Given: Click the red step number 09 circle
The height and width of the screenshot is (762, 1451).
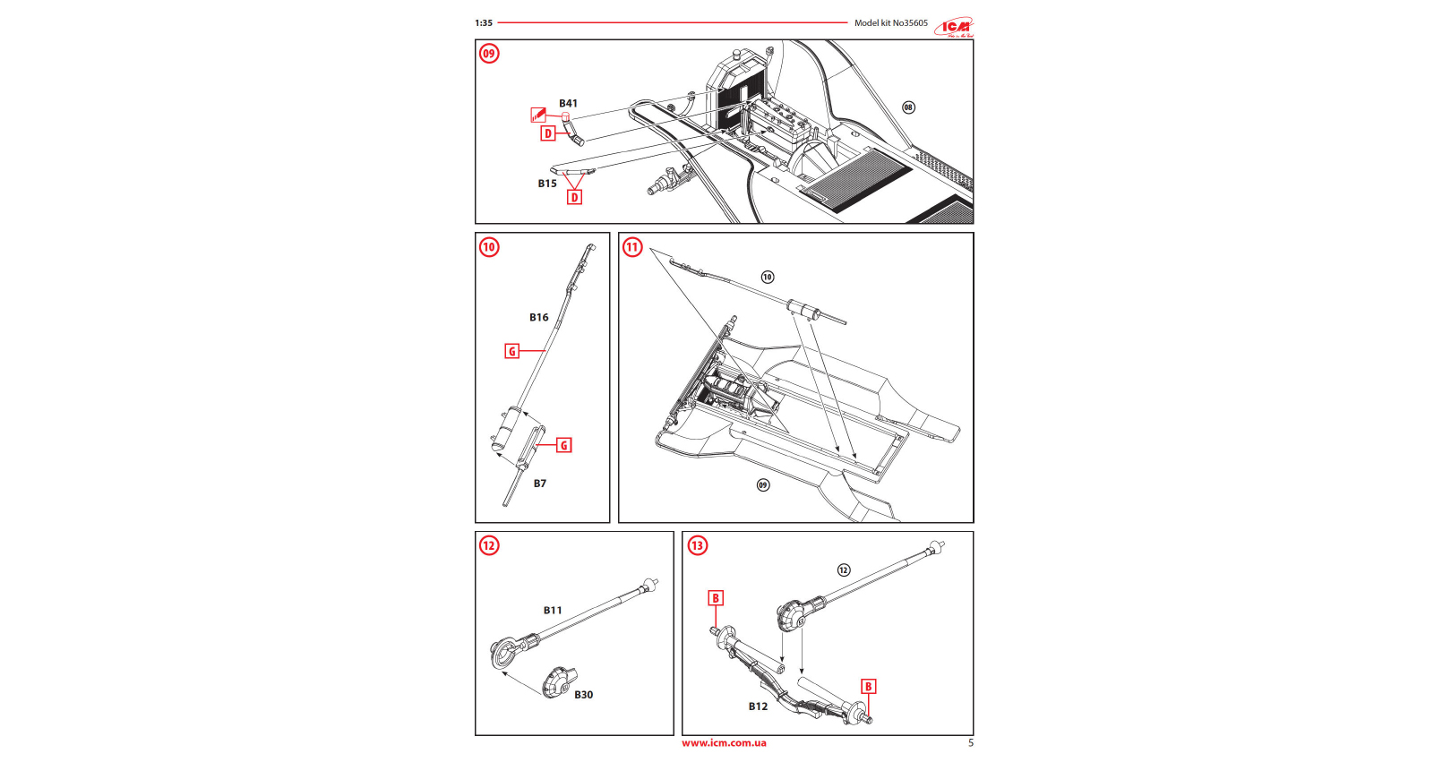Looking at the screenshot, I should pos(489,54).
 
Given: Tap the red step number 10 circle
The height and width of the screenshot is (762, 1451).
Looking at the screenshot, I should pos(489,247).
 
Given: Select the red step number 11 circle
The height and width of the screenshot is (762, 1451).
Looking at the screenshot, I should pos(632,247).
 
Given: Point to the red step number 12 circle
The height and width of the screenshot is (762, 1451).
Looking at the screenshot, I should pos(489,545).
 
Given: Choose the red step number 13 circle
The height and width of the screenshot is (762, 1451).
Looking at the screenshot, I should pos(697,545).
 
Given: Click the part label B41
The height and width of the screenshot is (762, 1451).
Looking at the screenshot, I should pos(568,104).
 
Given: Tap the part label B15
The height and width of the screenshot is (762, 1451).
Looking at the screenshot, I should pos(547,184).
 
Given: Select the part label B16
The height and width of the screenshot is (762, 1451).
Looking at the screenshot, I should pos(538,317).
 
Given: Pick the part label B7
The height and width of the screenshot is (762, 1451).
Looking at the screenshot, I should pos(540,484).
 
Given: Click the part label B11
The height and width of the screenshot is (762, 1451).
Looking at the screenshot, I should pos(553,611).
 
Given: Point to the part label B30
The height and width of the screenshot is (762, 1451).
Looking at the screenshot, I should pos(583,695).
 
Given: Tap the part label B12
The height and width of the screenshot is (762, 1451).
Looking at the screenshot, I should pos(758,706).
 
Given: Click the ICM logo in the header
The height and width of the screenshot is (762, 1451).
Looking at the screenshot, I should pos(955,27).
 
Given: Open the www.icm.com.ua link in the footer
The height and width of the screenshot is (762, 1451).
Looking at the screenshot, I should pos(724,743).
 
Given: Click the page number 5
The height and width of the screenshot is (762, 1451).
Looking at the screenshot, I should pos(971,743).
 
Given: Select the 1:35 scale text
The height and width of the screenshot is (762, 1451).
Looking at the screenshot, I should pos(484,23).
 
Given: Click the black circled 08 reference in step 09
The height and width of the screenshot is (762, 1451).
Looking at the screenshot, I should pos(908,107).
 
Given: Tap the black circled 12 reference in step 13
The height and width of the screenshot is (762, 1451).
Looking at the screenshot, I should pos(844,570).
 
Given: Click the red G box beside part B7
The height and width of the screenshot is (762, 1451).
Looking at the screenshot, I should pos(563,445).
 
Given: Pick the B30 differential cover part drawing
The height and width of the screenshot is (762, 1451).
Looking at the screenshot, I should pos(558,682).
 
